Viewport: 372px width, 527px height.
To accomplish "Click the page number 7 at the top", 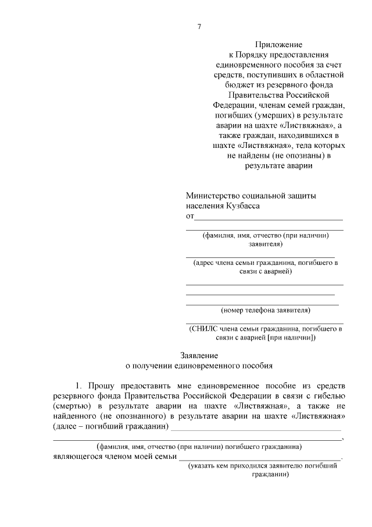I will coord(199,26).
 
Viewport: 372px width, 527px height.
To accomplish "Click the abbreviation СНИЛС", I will coord(207,328).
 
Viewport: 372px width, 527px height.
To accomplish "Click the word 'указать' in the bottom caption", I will coord(214,466).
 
